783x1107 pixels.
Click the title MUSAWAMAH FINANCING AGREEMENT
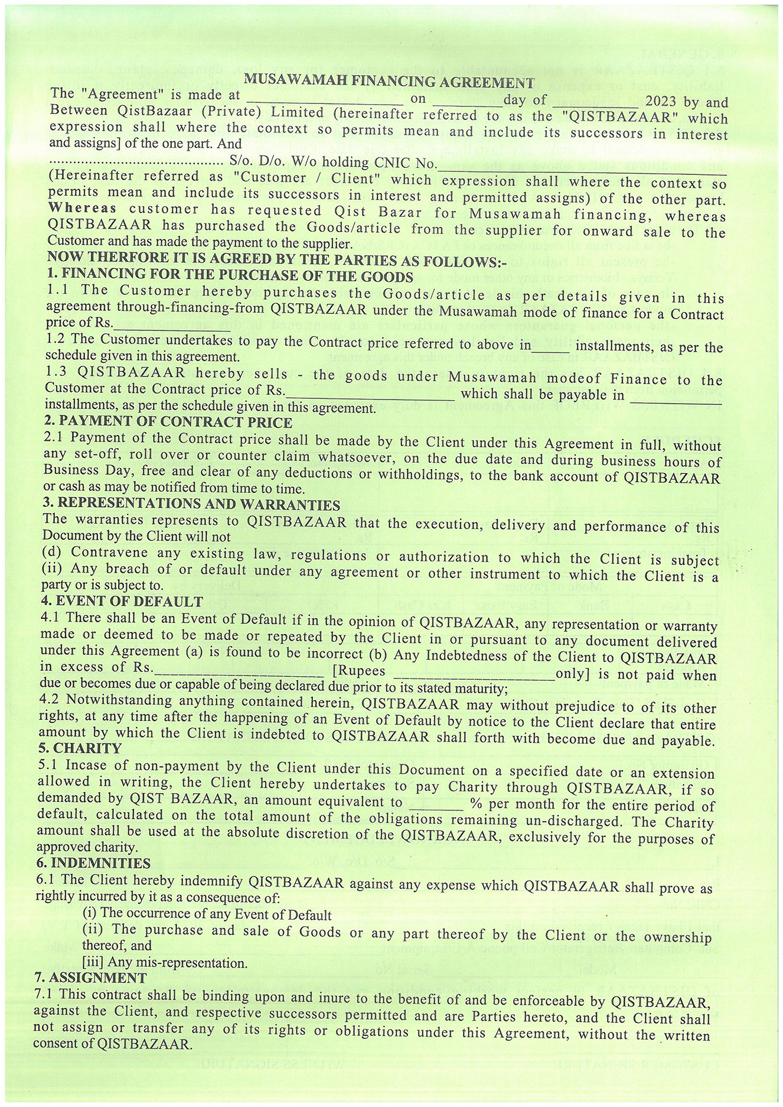coord(389,81)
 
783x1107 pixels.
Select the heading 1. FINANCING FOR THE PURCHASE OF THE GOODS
coord(230,275)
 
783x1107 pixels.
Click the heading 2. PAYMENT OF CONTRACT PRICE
coord(168,422)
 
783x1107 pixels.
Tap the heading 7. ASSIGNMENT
coord(90,978)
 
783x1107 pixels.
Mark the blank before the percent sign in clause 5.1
coord(436,805)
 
